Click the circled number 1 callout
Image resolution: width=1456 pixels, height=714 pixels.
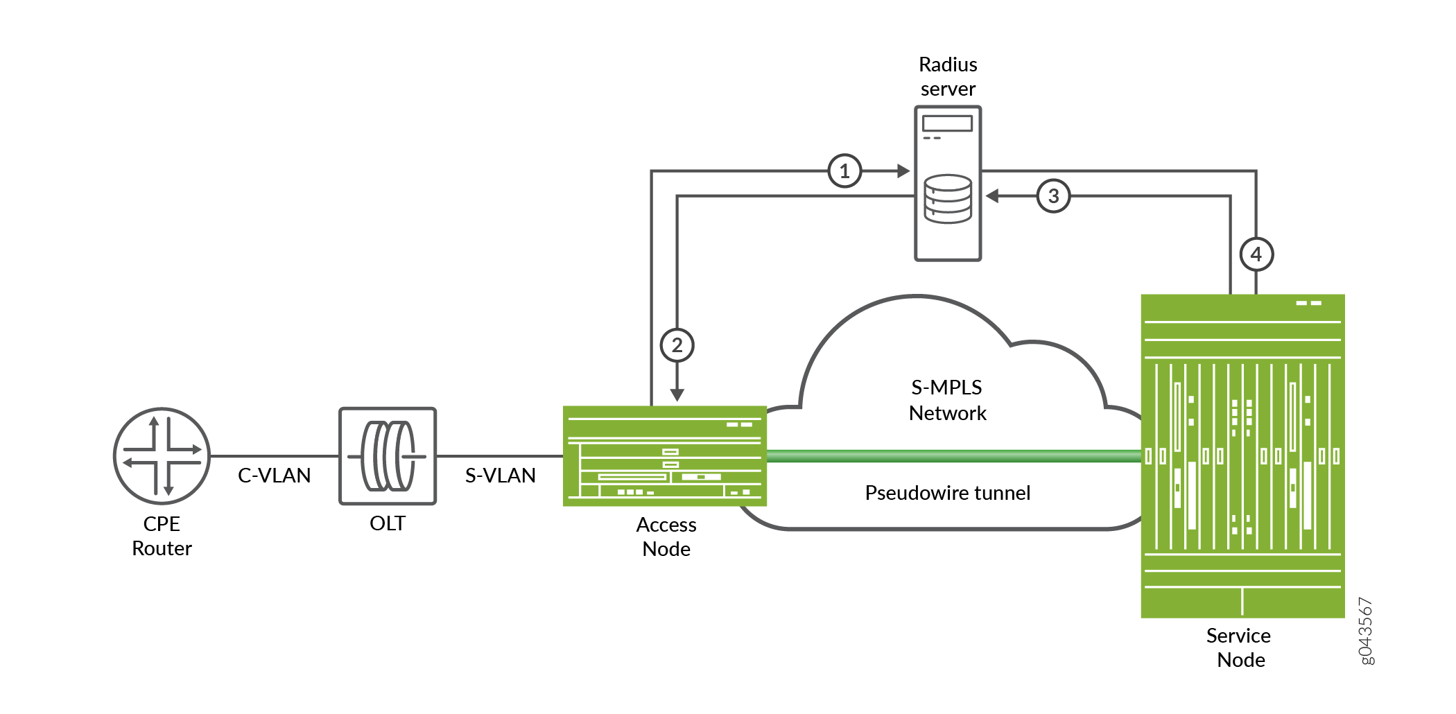844,171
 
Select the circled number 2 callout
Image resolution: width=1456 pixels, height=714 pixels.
677,345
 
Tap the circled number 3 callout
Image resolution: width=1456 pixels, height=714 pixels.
1053,196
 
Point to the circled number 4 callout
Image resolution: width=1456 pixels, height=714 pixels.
1256,254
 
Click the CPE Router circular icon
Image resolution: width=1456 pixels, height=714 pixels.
162,456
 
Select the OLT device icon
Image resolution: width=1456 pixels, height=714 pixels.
388,456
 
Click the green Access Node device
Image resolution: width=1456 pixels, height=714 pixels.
664,456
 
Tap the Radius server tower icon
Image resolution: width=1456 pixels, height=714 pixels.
948,183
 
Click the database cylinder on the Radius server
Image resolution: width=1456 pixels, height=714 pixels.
948,199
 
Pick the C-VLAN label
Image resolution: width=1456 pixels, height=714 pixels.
274,476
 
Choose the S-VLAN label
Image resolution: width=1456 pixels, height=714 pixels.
500,476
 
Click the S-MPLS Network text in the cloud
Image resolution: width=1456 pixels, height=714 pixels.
947,400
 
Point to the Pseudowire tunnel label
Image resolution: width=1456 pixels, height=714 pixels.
947,493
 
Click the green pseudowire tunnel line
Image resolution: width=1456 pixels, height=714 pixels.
953,456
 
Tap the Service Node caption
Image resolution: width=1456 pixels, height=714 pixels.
1240,647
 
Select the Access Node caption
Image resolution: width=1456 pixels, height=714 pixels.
666,537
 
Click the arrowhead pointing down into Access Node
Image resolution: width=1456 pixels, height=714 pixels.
677,395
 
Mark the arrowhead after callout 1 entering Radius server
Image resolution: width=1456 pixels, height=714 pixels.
903,171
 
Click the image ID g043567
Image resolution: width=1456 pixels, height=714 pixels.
1365,631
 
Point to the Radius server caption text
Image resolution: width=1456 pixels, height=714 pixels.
948,76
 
